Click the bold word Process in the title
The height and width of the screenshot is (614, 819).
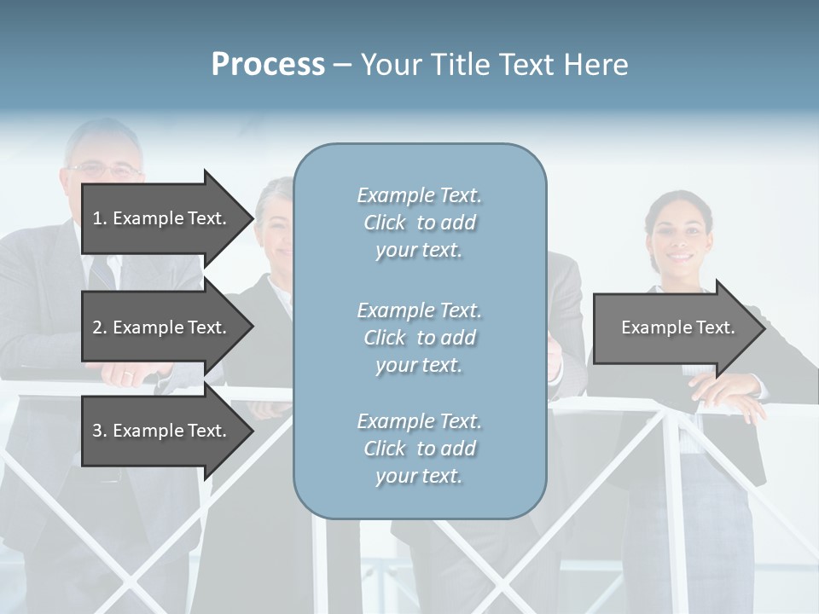pos(268,65)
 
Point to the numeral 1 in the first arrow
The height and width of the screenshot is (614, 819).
pos(97,218)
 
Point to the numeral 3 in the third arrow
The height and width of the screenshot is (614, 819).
pos(97,431)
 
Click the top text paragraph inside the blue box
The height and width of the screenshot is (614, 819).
pos(419,223)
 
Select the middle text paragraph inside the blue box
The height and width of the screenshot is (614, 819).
pos(419,337)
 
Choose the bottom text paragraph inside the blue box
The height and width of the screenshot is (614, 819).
pos(419,449)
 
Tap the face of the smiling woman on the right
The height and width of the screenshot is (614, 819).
pos(678,235)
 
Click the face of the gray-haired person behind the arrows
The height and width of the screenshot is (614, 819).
pos(276,226)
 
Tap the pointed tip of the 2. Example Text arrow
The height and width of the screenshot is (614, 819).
pos(252,327)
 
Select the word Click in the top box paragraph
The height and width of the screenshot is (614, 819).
pos(385,223)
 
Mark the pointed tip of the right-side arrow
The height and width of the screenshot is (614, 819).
pos(764,327)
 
